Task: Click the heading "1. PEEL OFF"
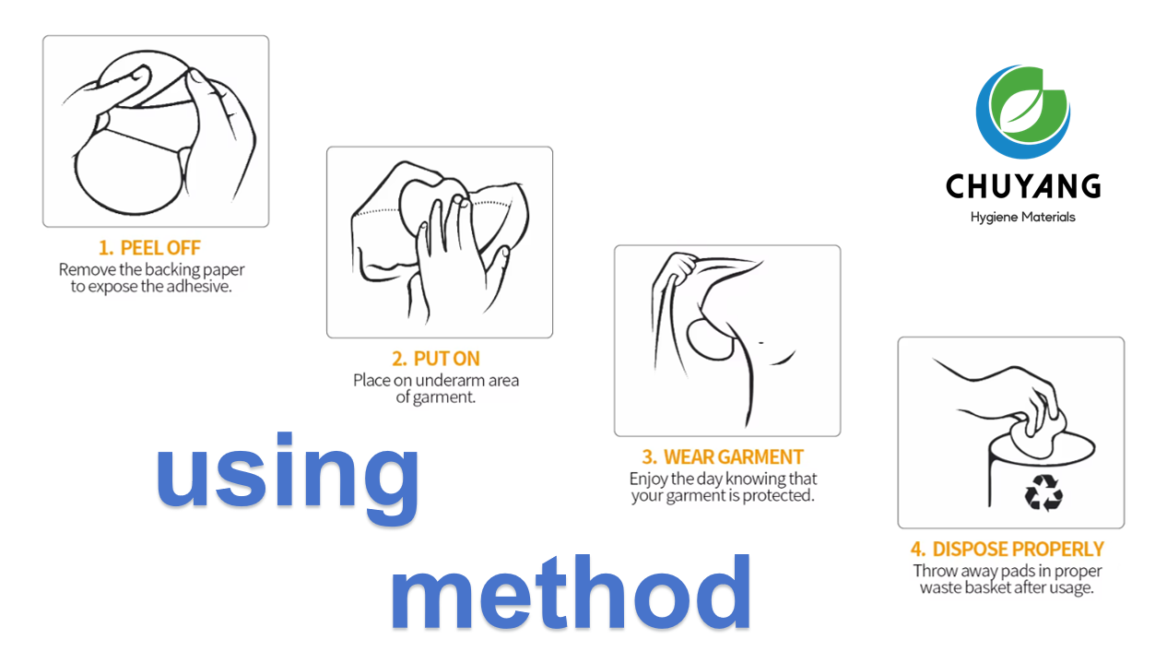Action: point(149,248)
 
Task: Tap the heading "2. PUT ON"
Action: point(435,359)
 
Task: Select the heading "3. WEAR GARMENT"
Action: point(723,457)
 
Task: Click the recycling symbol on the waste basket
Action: point(1043,492)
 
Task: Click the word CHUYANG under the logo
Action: point(1022,187)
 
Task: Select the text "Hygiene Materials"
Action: point(1022,218)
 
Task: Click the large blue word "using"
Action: point(288,475)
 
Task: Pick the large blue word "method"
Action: point(570,592)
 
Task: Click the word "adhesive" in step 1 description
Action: point(198,287)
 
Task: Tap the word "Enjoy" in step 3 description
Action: point(650,479)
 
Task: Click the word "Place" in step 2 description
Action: point(372,380)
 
